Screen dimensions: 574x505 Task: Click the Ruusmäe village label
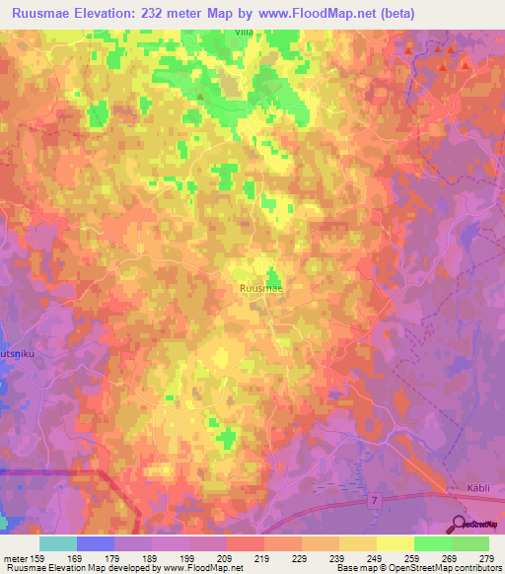point(261,287)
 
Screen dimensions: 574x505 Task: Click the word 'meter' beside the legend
point(13,557)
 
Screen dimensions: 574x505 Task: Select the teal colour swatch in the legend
point(58,543)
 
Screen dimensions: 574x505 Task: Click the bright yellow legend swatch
point(396,543)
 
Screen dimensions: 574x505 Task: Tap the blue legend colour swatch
point(96,543)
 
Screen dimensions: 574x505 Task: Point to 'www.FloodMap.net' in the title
point(309,13)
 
